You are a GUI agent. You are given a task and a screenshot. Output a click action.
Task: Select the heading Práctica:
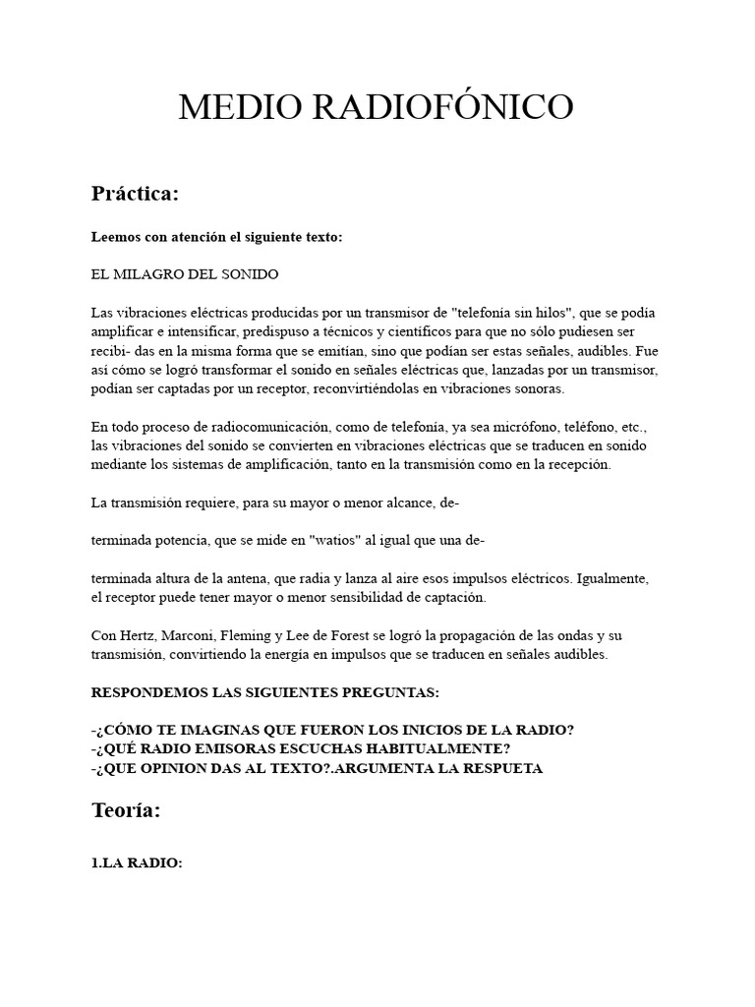[x=136, y=194]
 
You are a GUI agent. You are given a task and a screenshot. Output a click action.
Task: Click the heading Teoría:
[x=126, y=810]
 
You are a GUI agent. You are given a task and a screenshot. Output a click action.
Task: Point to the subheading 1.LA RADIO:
[x=137, y=862]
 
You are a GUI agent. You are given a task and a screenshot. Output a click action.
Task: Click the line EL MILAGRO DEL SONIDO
[x=185, y=272]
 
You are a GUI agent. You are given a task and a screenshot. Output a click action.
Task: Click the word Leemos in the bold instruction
[x=117, y=237]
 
